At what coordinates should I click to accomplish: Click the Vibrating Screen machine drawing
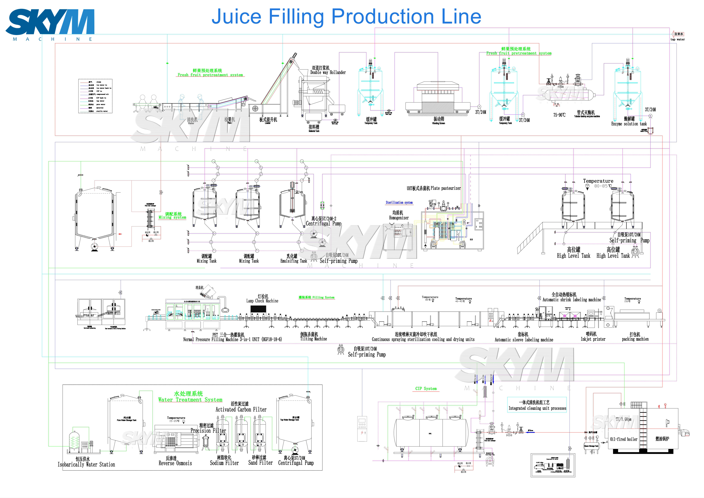pyautogui.click(x=438, y=97)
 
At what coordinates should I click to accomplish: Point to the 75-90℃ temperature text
pyautogui.click(x=559, y=115)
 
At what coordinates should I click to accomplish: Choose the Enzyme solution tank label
pyautogui.click(x=629, y=124)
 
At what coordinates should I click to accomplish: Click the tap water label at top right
pyautogui.click(x=678, y=39)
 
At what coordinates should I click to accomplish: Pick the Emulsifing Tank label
pyautogui.click(x=293, y=261)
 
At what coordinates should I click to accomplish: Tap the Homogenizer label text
pyautogui.click(x=398, y=218)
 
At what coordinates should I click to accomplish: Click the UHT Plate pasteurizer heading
pyautogui.click(x=434, y=188)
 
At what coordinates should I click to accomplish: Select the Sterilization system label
pyautogui.click(x=399, y=203)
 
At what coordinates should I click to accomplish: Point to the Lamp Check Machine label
pyautogui.click(x=262, y=301)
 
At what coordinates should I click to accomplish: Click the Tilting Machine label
pyautogui.click(x=314, y=339)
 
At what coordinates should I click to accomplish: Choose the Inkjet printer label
pyautogui.click(x=593, y=339)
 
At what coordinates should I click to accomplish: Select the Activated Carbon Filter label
pyautogui.click(x=241, y=409)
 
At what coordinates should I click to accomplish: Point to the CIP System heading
pyautogui.click(x=426, y=389)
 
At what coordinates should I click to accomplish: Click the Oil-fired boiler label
pyautogui.click(x=624, y=439)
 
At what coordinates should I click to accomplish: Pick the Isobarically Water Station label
pyautogui.click(x=86, y=464)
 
